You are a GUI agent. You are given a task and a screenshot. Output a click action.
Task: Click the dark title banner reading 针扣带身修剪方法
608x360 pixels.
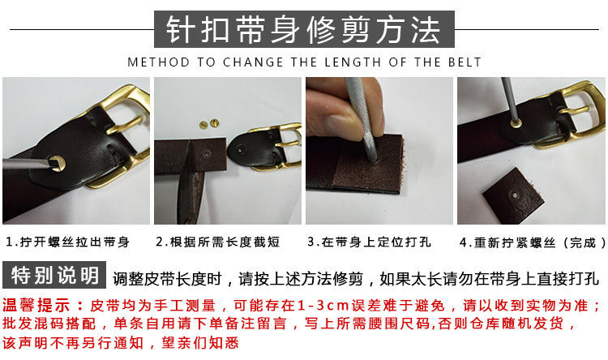(x=304, y=29)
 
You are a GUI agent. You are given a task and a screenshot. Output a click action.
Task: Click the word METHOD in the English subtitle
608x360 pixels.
(x=159, y=62)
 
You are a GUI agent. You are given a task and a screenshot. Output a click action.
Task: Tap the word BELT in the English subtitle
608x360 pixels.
(x=465, y=62)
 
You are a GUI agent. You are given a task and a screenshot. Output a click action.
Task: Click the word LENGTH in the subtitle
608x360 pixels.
(x=353, y=62)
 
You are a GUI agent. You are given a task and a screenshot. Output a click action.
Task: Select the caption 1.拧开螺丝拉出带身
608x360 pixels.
(x=67, y=242)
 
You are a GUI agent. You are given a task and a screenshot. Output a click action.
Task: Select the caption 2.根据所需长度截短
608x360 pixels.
(x=217, y=242)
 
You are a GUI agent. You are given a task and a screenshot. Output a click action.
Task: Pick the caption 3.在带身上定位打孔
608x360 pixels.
(x=369, y=242)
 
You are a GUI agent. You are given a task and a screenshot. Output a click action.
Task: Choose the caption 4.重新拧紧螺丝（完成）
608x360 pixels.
(x=533, y=242)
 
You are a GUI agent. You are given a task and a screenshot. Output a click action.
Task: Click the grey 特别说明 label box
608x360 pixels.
(x=54, y=275)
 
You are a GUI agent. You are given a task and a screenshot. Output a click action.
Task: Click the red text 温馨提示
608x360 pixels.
(x=36, y=306)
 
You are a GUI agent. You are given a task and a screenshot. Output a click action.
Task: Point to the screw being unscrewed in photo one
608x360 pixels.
(x=57, y=164)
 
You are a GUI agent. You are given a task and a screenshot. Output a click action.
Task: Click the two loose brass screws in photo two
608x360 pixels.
(x=208, y=124)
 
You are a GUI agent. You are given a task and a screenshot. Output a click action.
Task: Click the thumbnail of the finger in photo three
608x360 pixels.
(x=340, y=126)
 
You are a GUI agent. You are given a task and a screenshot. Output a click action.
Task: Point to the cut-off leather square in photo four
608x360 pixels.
(x=512, y=195)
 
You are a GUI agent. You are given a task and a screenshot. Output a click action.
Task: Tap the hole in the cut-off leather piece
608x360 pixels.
(x=515, y=195)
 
